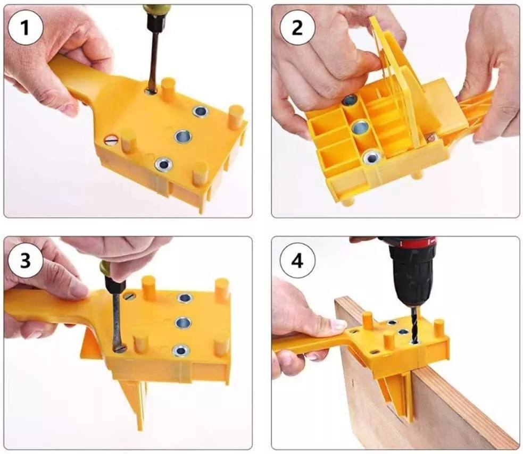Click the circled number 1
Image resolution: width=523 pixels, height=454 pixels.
click(x=26, y=27)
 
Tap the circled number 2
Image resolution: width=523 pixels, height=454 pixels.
click(x=297, y=27)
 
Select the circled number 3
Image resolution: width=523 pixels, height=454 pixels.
click(x=26, y=260)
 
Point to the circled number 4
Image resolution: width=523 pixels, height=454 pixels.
click(x=297, y=260)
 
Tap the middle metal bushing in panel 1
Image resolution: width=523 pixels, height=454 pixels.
click(x=183, y=136)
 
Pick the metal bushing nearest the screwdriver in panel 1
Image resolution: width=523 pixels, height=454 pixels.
click(x=201, y=111)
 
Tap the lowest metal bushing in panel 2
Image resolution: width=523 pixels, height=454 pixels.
click(x=371, y=157)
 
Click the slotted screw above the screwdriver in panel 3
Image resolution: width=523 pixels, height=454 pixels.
click(x=129, y=295)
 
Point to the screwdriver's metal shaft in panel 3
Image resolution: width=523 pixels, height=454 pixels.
click(x=117, y=320)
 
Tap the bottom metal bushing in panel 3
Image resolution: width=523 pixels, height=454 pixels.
click(x=181, y=350)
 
